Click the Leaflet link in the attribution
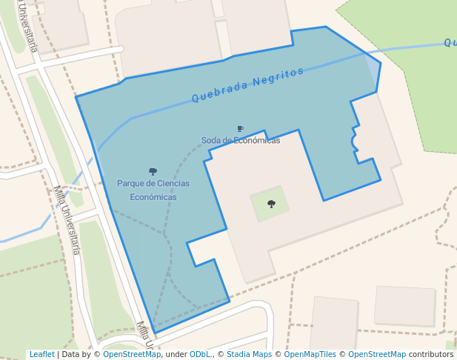[41, 355]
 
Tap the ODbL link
[199, 355]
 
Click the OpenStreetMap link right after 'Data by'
[132, 355]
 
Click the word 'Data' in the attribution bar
[70, 355]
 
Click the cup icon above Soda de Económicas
[240, 129]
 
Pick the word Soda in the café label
[211, 141]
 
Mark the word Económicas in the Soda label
[258, 141]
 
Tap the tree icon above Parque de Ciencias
[153, 172]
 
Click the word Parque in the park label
[132, 184]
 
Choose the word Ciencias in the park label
[173, 184]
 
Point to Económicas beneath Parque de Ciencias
[153, 197]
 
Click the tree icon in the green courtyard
[271, 204]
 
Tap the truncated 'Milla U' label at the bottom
[144, 336]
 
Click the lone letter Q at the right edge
[449, 43]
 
